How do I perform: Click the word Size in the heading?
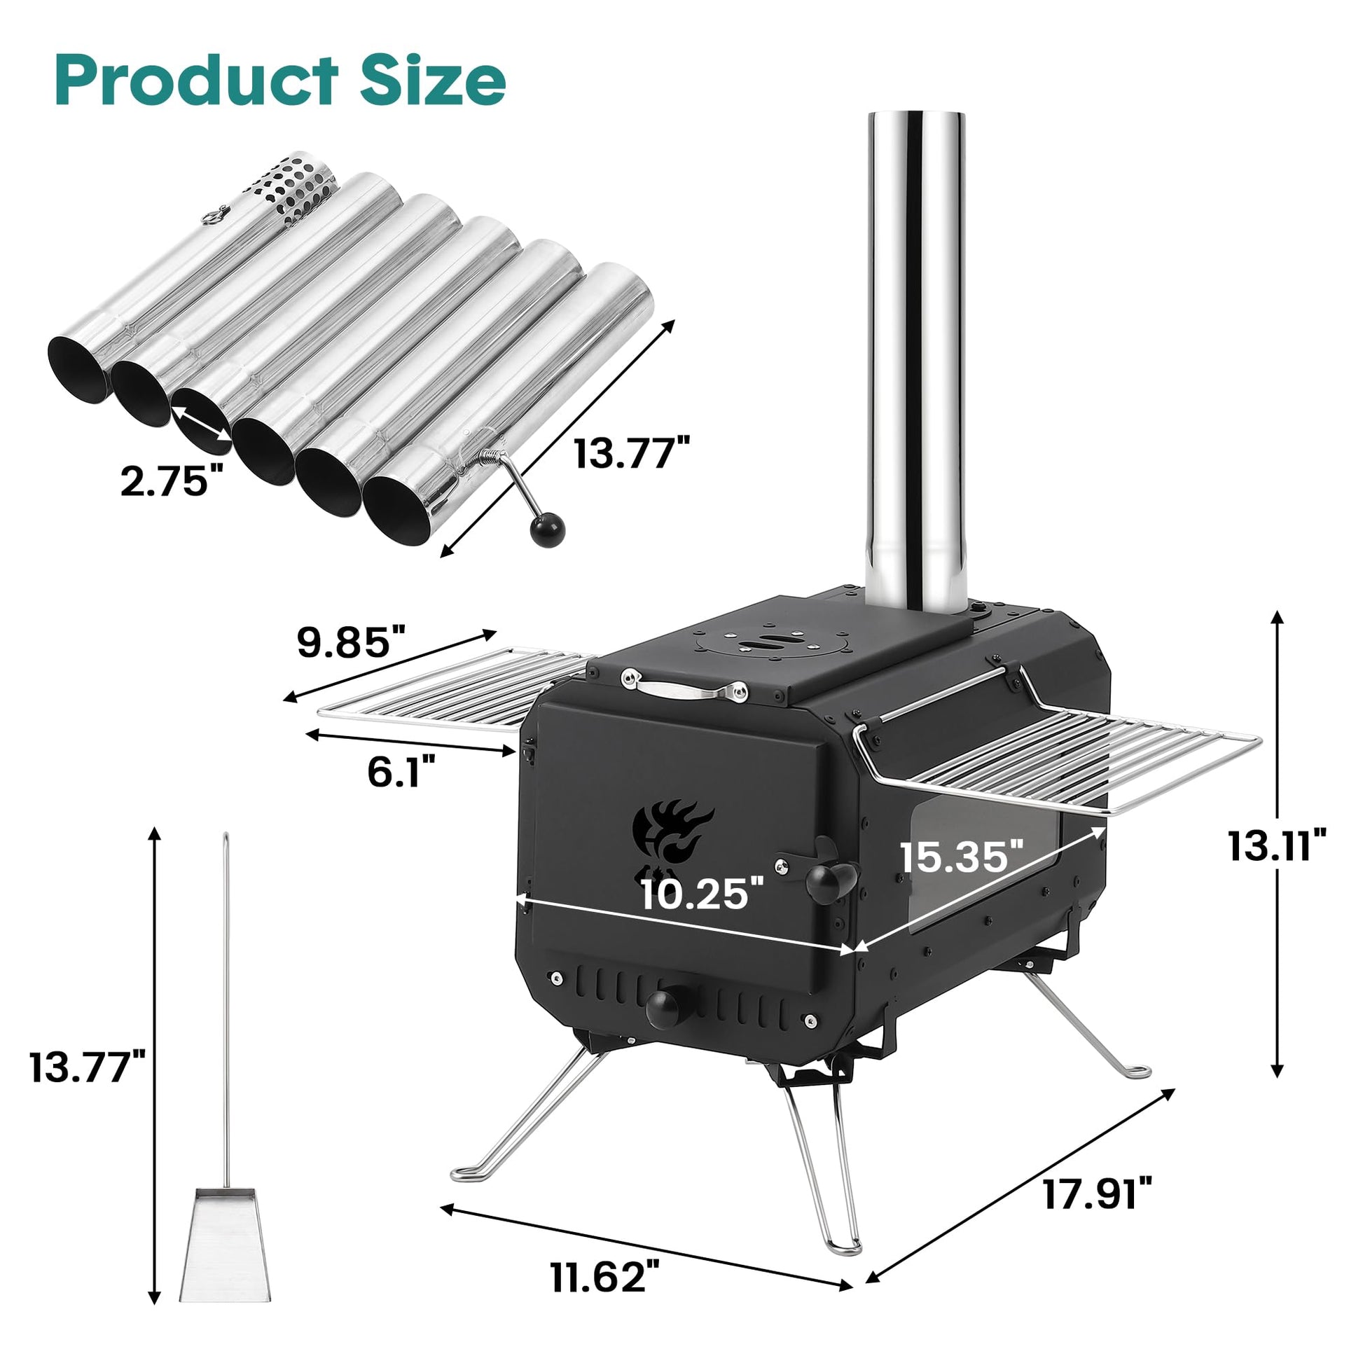coord(432,79)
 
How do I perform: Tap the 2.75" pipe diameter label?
coord(167,482)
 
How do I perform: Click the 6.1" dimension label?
coord(401,771)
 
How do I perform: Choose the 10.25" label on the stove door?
coord(702,894)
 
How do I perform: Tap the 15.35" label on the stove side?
coord(962,856)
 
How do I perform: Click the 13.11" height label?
coord(1278,845)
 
